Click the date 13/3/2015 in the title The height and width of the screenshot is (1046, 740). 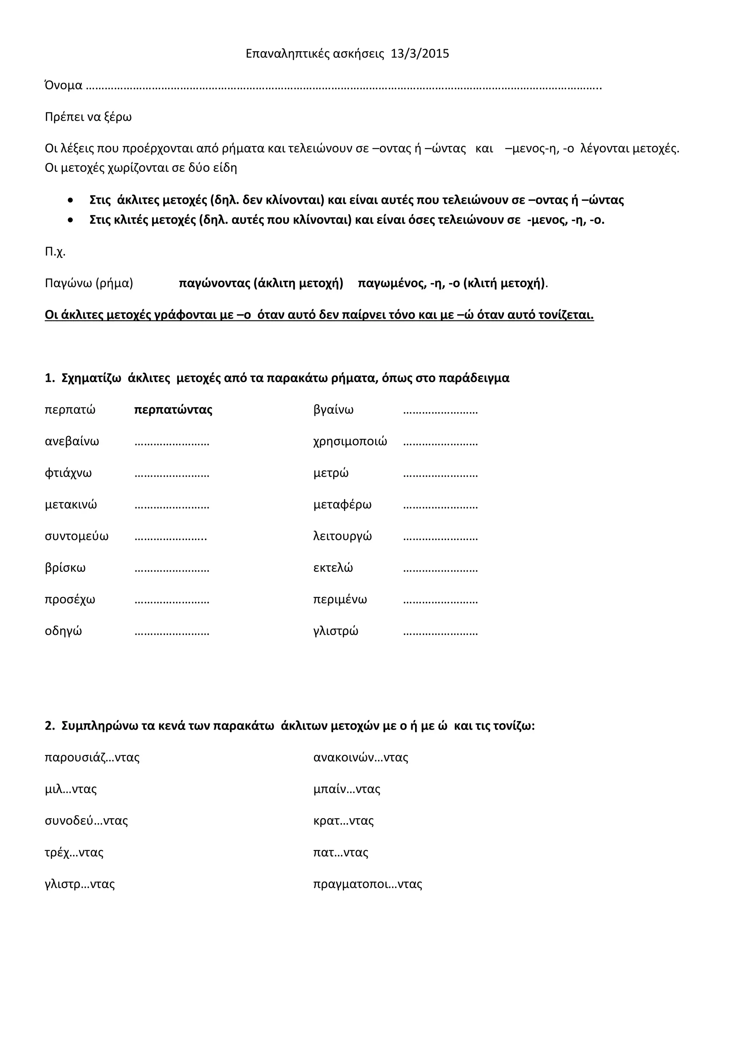(x=420, y=54)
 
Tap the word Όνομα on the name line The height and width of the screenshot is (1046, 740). (x=63, y=85)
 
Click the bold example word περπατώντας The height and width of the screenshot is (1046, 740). (x=173, y=410)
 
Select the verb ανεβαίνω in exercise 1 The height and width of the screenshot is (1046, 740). (x=72, y=441)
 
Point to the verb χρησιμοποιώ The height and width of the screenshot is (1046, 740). (x=350, y=441)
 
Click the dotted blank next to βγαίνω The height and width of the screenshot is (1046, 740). (x=440, y=411)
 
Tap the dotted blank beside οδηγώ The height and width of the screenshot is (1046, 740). (x=172, y=633)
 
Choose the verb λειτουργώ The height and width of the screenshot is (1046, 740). (x=342, y=536)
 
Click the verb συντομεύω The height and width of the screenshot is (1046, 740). (x=77, y=536)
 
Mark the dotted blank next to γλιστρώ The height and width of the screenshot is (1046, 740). (x=440, y=633)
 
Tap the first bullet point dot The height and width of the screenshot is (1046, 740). (x=70, y=200)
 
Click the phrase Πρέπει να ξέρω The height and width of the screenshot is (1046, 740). (x=88, y=117)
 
